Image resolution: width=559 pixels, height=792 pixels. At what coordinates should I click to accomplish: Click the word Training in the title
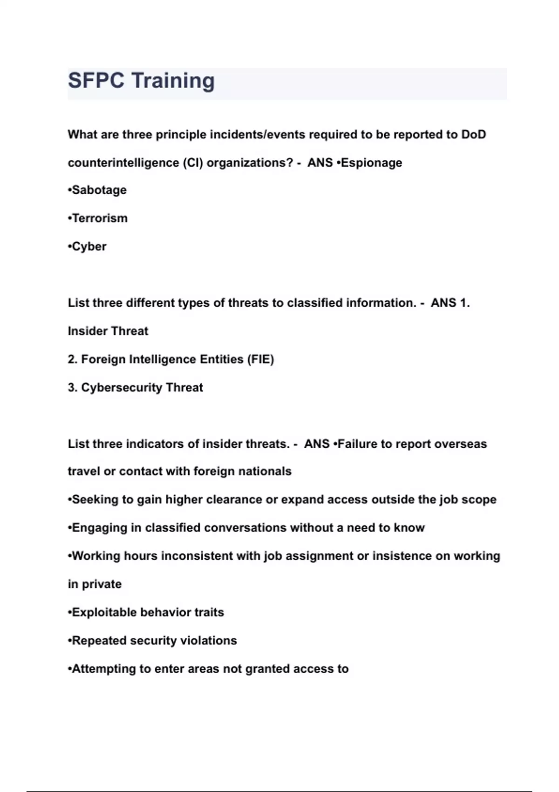point(173,81)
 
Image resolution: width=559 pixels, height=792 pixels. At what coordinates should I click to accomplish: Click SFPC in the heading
point(96,81)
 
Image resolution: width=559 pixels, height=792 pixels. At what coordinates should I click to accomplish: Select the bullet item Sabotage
point(99,190)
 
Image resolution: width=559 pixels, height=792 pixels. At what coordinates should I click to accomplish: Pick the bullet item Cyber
point(89,246)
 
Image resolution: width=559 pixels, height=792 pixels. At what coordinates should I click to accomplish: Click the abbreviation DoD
point(473,135)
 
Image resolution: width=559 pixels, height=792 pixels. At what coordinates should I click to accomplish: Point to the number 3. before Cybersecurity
point(72,388)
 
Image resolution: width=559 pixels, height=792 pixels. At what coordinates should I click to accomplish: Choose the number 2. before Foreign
point(72,359)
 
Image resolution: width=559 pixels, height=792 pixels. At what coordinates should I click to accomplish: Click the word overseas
point(460,444)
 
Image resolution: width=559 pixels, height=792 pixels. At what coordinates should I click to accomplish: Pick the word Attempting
point(104,669)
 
